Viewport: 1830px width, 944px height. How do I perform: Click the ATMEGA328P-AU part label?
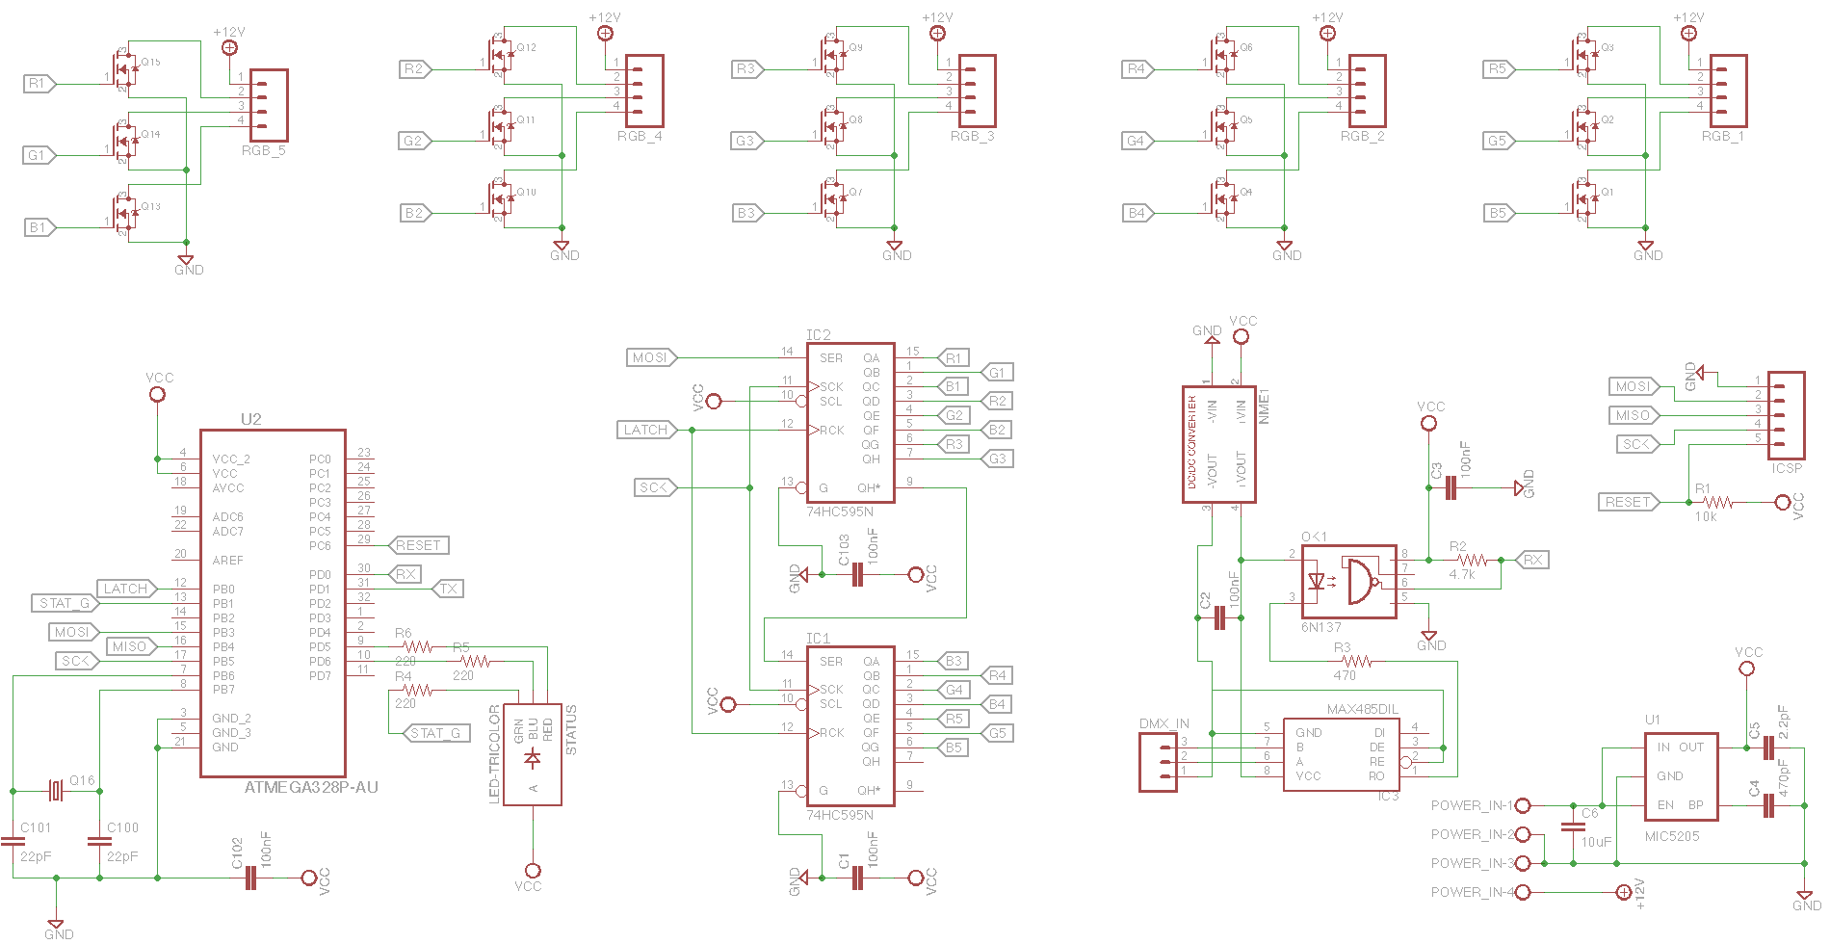[x=310, y=787]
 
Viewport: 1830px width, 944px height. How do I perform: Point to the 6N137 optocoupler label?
[x=1320, y=627]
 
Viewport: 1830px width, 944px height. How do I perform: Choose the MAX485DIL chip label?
[x=1362, y=709]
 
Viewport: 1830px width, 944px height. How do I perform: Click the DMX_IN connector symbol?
[x=1158, y=762]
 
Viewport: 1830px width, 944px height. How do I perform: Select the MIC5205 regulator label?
[x=1671, y=836]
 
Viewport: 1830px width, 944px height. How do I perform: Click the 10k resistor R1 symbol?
[x=1718, y=502]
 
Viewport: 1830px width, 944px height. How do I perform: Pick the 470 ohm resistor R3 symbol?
[x=1357, y=661]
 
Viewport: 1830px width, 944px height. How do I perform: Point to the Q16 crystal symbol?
[x=57, y=791]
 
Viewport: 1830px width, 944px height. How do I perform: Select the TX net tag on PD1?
[x=448, y=589]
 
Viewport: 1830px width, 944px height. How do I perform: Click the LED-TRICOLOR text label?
[x=495, y=753]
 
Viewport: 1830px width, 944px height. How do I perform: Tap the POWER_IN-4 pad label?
[x=1472, y=892]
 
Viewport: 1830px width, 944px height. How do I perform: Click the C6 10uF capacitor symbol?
[x=1572, y=827]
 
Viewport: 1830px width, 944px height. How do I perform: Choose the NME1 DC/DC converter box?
[x=1213, y=444]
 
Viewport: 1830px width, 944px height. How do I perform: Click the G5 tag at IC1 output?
[x=997, y=733]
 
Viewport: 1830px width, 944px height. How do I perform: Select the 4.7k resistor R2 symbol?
[x=1472, y=560]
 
